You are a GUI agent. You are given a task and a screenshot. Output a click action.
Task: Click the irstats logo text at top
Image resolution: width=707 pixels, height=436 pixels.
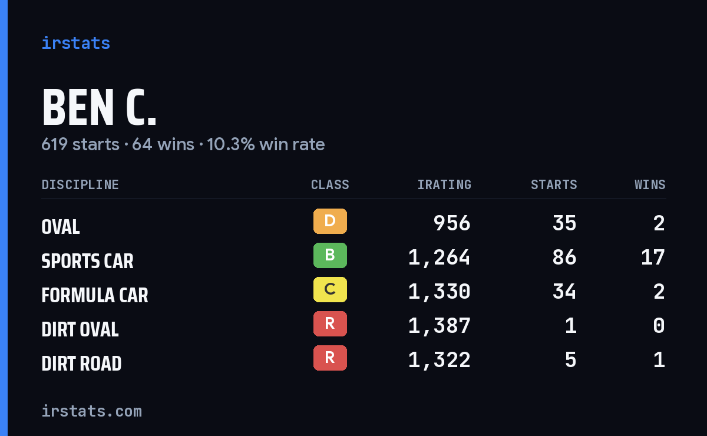[x=76, y=43]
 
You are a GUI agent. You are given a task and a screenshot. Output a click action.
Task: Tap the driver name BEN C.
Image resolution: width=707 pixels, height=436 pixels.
[x=99, y=107]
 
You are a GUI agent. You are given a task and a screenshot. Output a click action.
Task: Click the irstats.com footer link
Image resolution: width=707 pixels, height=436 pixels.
[x=91, y=411]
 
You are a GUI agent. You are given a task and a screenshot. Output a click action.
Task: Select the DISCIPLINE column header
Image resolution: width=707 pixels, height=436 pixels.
[x=80, y=184]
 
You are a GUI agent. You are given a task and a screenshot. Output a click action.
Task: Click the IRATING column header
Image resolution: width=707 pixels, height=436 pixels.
[x=444, y=184]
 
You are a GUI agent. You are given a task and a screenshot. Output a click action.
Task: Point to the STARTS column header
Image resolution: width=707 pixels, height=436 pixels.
[x=554, y=184]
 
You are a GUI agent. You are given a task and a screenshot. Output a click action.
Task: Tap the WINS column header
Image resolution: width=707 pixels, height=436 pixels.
[x=650, y=184]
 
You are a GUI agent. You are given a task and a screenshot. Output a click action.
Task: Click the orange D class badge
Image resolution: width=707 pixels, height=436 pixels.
[x=330, y=221]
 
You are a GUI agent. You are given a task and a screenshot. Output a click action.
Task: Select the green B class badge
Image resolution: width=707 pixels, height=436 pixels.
[x=330, y=255]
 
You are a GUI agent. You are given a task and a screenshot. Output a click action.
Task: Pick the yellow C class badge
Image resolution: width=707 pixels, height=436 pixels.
[x=330, y=289]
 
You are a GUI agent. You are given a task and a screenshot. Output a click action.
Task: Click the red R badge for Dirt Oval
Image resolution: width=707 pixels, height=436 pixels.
[x=330, y=323]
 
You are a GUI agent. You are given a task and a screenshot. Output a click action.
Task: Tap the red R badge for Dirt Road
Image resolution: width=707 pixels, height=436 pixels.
[x=330, y=358]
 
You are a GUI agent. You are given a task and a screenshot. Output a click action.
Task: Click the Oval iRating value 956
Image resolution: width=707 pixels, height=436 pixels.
[x=452, y=223]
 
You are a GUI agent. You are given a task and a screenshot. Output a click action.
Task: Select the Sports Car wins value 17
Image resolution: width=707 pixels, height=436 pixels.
[x=653, y=257]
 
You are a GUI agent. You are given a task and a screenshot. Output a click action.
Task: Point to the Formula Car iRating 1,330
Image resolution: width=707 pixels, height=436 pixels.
[x=440, y=292]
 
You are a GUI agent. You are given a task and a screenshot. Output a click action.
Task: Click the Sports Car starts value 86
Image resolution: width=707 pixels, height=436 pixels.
[x=564, y=257]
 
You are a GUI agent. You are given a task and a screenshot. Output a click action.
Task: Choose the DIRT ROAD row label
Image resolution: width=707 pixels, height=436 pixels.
[x=81, y=364]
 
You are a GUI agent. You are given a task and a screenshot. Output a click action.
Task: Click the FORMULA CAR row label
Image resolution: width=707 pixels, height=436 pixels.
[x=95, y=295]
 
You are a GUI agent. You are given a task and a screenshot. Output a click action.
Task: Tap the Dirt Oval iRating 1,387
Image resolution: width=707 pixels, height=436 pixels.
[x=440, y=326]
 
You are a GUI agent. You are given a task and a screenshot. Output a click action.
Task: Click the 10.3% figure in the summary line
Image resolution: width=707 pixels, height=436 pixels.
[x=231, y=144]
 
